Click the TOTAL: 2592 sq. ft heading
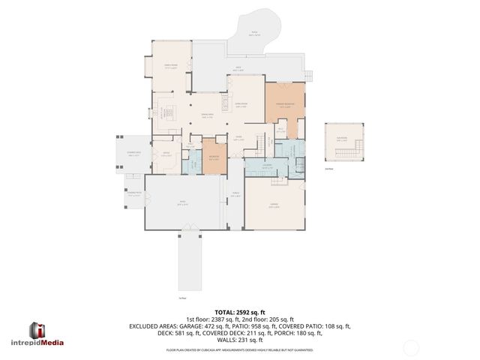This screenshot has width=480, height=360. coord(239,312)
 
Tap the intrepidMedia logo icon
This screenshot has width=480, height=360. coord(37,330)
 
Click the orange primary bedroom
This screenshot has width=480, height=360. coord(284,105)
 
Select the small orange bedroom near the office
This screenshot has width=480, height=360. coord(214,157)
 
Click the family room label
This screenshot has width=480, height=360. coord(171,67)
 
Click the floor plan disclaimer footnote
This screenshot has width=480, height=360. coord(239,349)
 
